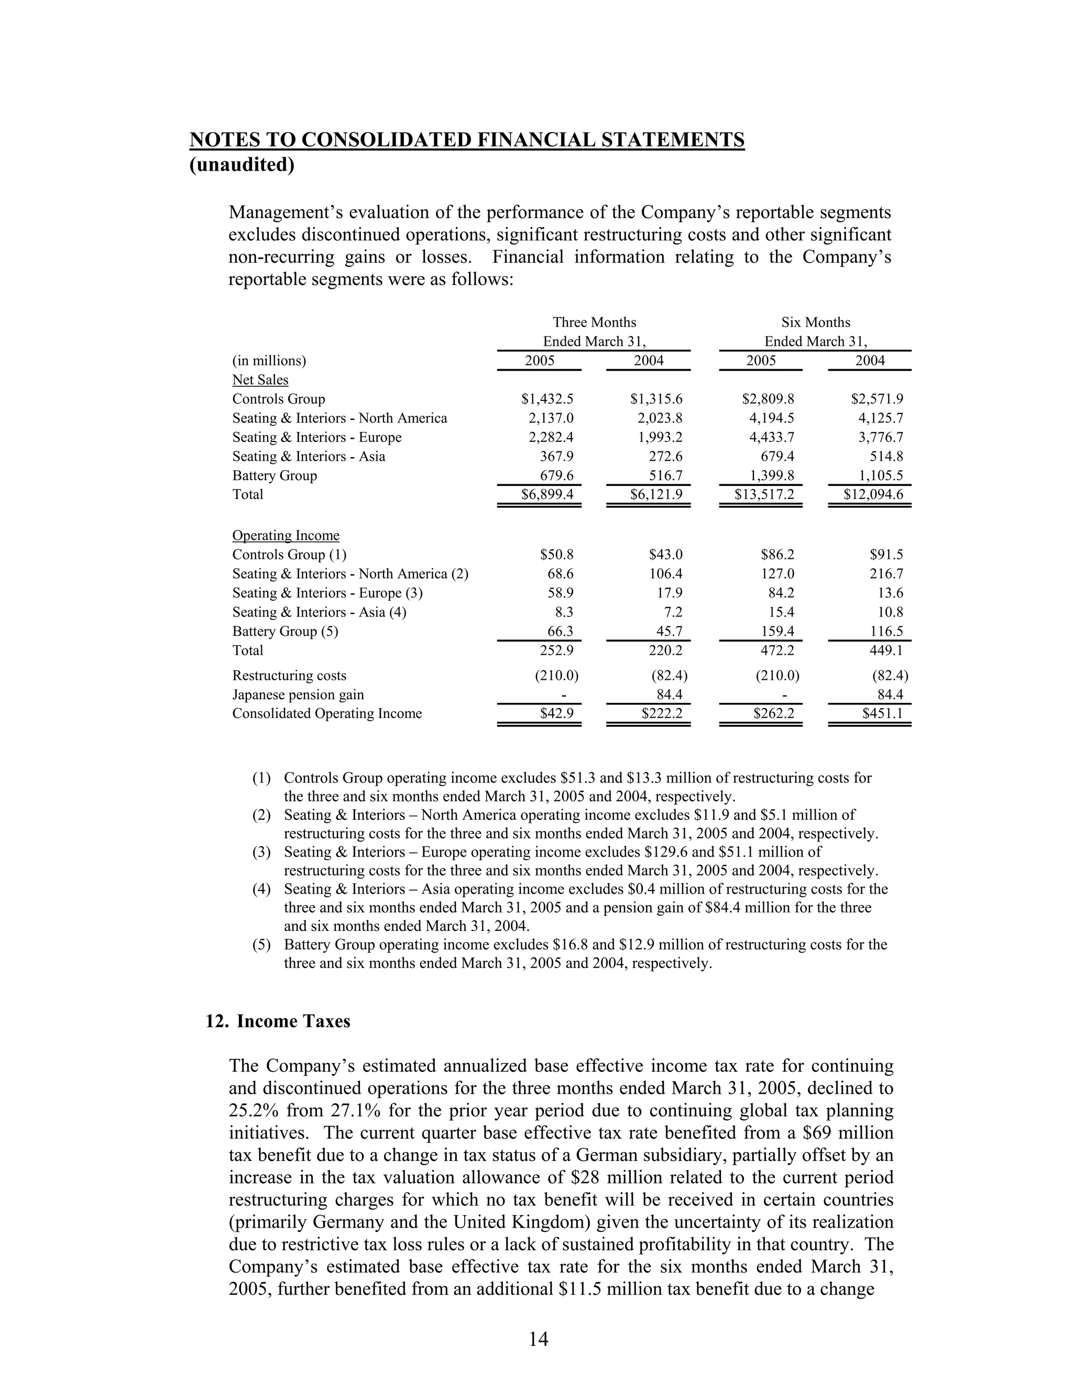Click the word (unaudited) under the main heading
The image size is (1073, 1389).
[242, 165]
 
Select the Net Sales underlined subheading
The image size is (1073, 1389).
[260, 379]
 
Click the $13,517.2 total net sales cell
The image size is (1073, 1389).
[764, 494]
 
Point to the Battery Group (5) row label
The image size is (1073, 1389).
[285, 631]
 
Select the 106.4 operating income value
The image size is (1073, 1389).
[665, 573]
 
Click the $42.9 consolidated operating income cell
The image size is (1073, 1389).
[556, 713]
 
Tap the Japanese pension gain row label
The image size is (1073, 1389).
[298, 694]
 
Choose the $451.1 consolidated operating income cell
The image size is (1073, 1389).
[882, 713]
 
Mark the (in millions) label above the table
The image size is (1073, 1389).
[269, 361]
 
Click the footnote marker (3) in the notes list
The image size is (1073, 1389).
[261, 852]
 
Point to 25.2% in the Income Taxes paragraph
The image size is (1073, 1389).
[251, 1111]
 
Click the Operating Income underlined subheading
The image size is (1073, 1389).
[286, 536]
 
